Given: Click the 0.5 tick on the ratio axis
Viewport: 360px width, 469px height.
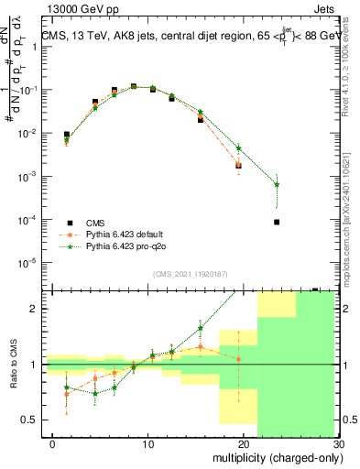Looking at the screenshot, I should point(27,420).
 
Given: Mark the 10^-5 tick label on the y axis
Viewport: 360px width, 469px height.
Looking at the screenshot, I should point(25,263).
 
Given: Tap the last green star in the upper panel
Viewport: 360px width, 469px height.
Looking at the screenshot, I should point(277,185).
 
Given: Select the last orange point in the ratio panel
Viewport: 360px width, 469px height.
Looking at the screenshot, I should point(238,359).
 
